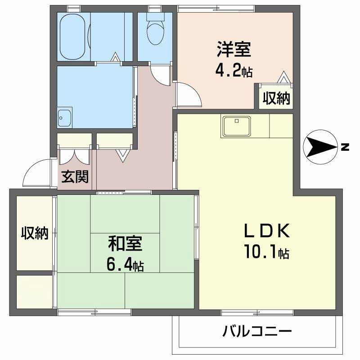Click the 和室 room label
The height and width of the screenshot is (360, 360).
pos(125,244)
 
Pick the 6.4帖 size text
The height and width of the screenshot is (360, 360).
pos(125,265)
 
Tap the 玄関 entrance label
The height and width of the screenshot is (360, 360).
pos(75,177)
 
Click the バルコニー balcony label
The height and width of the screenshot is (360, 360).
pos(257,333)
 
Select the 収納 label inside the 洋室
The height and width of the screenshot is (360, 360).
pos(276,98)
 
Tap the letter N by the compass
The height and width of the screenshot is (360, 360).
pos(344,147)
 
